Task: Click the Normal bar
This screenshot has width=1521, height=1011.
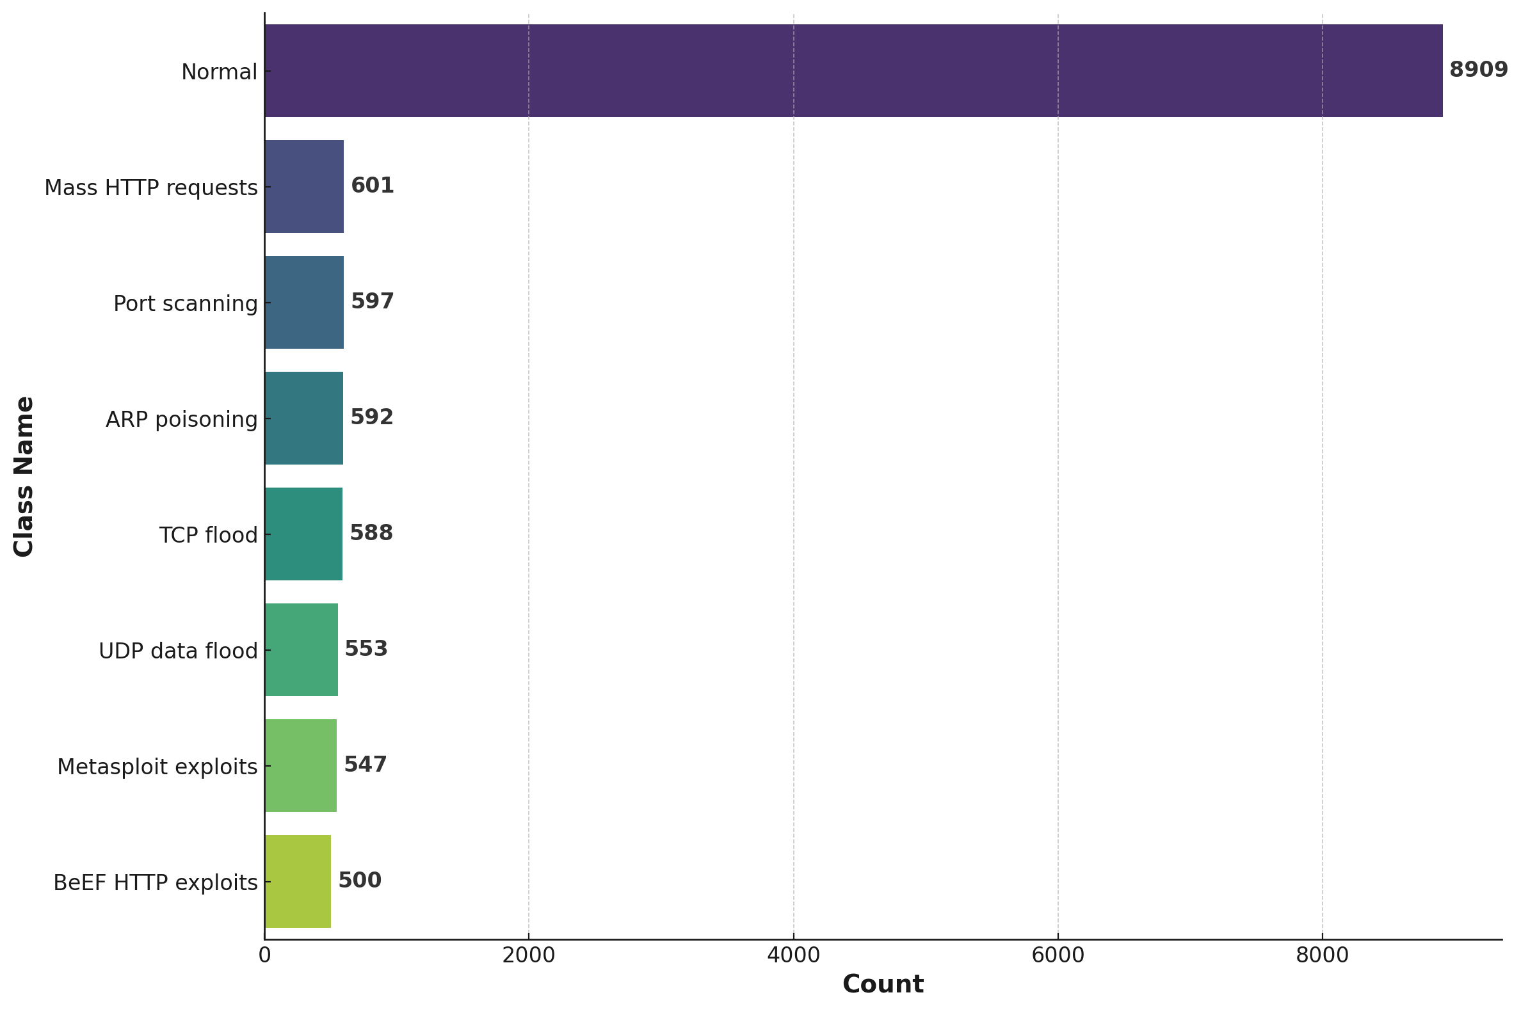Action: tap(853, 71)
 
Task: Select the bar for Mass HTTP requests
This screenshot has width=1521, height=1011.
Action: tap(304, 186)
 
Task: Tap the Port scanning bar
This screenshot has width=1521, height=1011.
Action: tap(304, 303)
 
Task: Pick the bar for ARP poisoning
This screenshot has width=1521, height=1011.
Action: tap(303, 418)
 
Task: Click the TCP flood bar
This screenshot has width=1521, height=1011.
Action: tap(303, 534)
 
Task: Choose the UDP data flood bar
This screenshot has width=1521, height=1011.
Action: tap(301, 649)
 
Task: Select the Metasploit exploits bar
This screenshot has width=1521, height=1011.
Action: tap(300, 765)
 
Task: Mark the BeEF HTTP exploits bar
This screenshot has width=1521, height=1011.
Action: tap(298, 881)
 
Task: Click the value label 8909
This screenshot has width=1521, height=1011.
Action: tap(1478, 70)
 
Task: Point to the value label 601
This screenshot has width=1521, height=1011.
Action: tap(372, 186)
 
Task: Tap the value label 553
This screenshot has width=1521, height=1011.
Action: tap(366, 649)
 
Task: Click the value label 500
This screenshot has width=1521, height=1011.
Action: tap(360, 880)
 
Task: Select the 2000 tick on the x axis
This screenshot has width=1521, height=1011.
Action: tap(528, 955)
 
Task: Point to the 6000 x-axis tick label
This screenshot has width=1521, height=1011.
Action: tap(1058, 955)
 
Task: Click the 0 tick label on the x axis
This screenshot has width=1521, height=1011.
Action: tap(264, 955)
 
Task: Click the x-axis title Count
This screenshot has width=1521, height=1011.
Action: tap(882, 985)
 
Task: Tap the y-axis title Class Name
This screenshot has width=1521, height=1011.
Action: tap(24, 477)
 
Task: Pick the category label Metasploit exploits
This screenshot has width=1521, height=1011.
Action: tap(157, 767)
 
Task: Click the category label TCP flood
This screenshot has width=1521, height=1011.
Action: tap(208, 535)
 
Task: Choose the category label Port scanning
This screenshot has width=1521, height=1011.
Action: tap(185, 304)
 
